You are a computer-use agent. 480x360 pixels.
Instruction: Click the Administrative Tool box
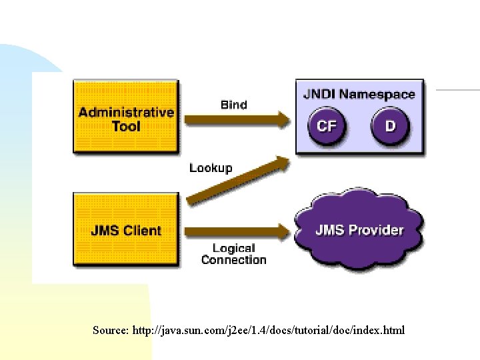point(125,117)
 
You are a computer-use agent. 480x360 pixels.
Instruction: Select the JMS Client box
point(125,231)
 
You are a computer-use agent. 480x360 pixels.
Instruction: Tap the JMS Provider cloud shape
point(359,231)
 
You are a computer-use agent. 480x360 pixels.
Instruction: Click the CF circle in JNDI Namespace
point(326,125)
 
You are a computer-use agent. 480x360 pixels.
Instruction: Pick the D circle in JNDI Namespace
point(390,125)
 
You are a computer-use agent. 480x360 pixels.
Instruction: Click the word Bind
point(233,105)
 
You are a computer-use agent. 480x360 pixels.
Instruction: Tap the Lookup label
point(211,168)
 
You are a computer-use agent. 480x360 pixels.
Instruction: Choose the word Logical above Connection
point(233,249)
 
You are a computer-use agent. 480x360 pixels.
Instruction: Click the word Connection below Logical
point(233,260)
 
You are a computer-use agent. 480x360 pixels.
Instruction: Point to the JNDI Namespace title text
point(359,95)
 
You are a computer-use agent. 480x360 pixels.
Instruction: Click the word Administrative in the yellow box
point(126,112)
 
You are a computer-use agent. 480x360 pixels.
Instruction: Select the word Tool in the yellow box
point(126,126)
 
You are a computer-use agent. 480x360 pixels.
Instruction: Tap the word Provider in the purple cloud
point(377,230)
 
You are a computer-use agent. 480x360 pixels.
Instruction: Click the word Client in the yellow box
point(143,231)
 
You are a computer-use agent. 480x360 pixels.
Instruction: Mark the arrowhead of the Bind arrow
point(283,121)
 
